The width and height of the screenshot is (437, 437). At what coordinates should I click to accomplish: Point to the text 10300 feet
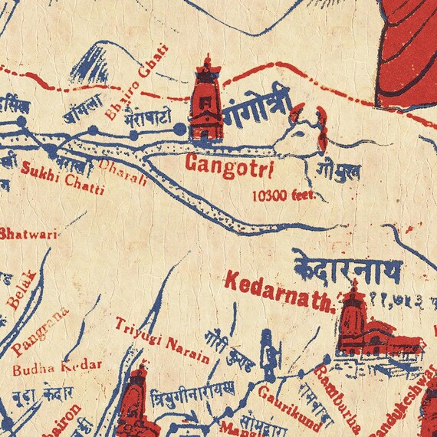point(283,195)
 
